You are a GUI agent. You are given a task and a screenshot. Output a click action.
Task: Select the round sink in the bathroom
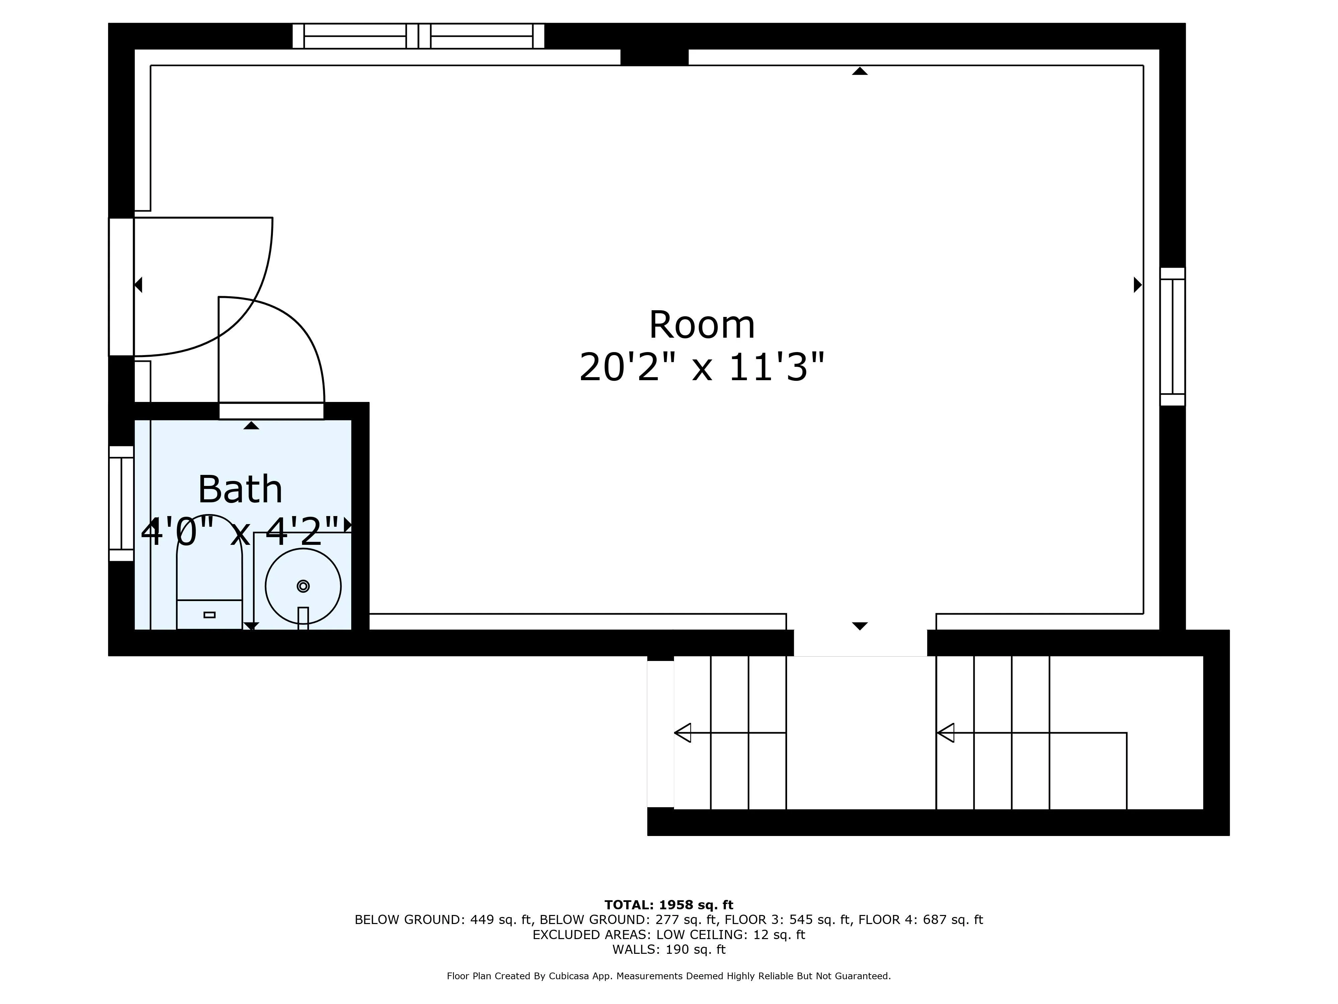(303, 586)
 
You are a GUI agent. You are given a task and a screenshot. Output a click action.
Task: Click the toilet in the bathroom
(209, 575)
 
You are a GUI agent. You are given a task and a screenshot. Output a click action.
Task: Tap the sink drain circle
(303, 586)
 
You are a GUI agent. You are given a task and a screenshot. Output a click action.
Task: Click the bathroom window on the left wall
(121, 504)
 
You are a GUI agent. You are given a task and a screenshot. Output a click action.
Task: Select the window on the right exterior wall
(1172, 336)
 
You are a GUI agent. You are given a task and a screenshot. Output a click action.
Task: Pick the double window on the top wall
(418, 36)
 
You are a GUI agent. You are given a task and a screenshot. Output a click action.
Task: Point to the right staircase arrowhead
(945, 733)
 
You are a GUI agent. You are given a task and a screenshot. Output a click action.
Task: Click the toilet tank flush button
(209, 615)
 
